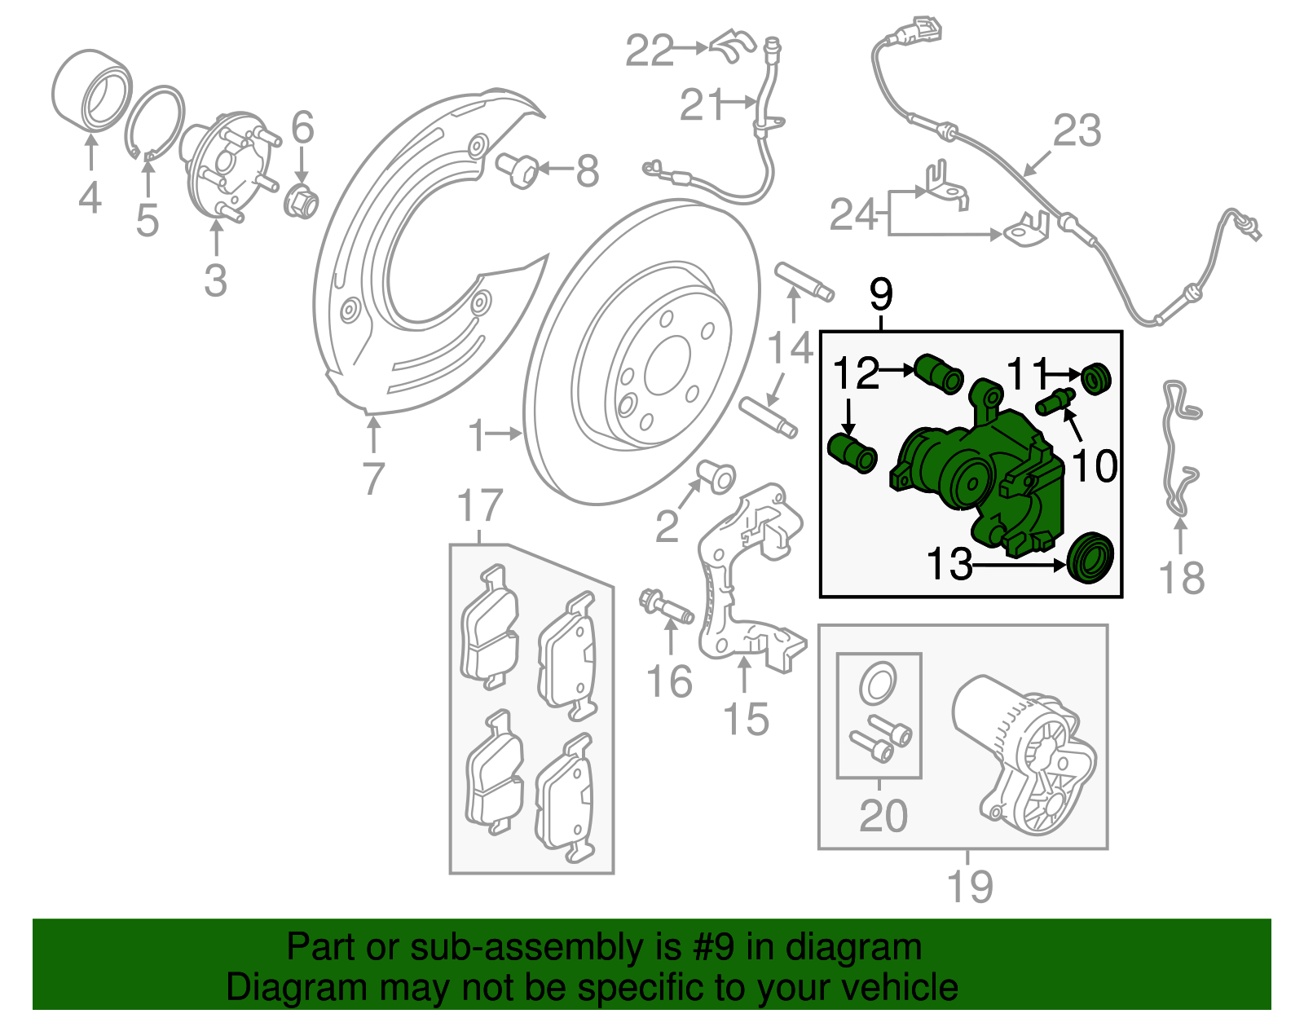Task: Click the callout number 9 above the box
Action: pos(881,294)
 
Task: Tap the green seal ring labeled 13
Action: pos(1090,557)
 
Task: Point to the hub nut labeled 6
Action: pos(301,201)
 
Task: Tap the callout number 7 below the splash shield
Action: pos(372,478)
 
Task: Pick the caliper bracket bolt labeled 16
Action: pos(665,607)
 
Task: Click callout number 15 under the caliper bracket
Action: pos(746,719)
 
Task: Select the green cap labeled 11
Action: pos(1096,379)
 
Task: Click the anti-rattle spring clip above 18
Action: pos(1180,448)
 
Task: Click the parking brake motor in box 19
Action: pos(1023,754)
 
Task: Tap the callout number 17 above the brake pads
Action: pos(480,506)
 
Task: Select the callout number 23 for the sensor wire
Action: pos(1077,131)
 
